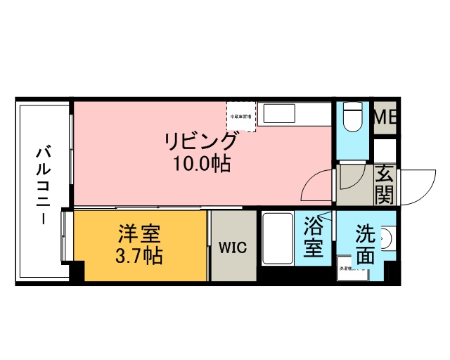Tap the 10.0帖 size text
click(x=200, y=166)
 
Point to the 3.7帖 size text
click(x=139, y=255)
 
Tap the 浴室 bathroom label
click(x=313, y=237)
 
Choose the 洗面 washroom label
click(x=364, y=243)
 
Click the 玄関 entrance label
click(x=384, y=184)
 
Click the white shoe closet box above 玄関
click(x=385, y=150)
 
